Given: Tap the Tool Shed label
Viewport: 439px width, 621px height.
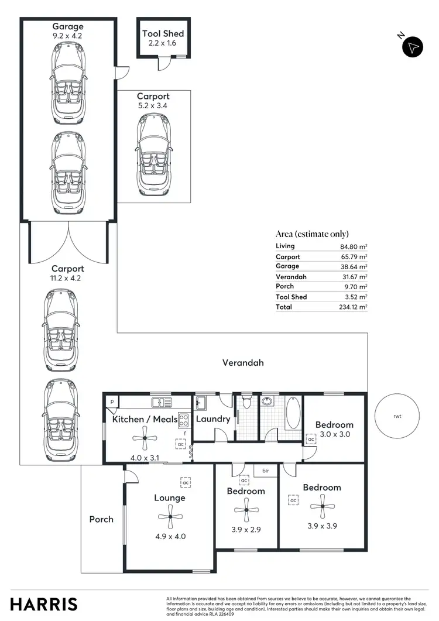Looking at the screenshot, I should [x=163, y=33].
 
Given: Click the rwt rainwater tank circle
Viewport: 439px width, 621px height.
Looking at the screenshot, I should [x=398, y=416].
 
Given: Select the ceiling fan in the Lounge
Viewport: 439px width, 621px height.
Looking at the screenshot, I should [x=170, y=516].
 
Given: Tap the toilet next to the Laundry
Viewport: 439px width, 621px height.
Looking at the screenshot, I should [x=247, y=402].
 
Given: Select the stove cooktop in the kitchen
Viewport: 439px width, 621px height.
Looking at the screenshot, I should [x=184, y=420].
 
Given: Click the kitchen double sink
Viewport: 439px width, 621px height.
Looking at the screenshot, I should [x=159, y=402].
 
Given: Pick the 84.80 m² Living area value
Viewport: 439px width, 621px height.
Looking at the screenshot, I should [x=354, y=246].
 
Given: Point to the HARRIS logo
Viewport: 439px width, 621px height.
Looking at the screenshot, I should [x=44, y=604].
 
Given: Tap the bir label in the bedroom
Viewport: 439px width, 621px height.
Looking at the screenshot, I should [x=265, y=470].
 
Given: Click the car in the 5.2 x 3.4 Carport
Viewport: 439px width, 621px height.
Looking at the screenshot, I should [x=153, y=155].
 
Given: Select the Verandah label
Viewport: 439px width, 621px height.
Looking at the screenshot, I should [x=243, y=363].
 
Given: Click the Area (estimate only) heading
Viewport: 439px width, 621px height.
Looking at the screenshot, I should [x=312, y=234].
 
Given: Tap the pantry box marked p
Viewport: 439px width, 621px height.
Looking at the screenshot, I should [x=112, y=402].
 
